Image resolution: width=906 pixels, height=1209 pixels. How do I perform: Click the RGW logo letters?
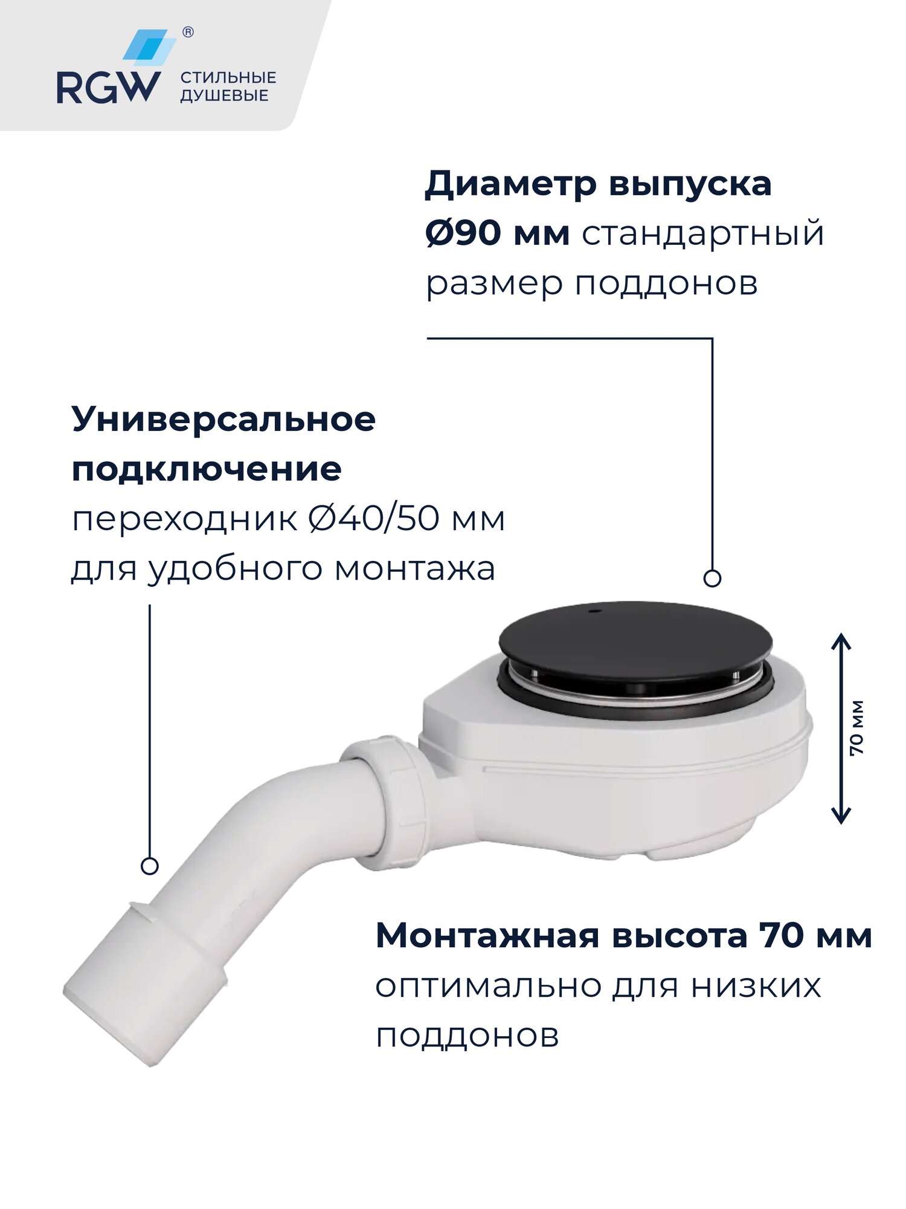tap(109, 88)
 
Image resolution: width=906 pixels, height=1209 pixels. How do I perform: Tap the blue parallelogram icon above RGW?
tap(149, 47)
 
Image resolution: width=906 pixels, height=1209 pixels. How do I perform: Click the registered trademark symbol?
tap(188, 33)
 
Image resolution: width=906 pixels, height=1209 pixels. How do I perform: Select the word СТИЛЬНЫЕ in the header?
tap(228, 77)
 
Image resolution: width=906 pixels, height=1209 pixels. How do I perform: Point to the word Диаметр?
tap(510, 184)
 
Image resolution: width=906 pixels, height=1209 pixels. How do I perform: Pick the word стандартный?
tap(702, 234)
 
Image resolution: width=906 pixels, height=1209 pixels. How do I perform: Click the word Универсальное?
tap(223, 419)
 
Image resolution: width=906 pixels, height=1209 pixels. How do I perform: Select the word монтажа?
tap(415, 569)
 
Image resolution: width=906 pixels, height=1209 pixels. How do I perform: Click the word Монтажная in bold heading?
tap(487, 936)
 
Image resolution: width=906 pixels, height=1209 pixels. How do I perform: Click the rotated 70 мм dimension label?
tap(856, 728)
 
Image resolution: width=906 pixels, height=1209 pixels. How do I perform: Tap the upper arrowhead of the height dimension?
tap(841, 641)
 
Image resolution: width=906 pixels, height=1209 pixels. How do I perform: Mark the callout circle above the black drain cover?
tap(713, 579)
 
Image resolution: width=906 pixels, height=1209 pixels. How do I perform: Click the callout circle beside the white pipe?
tap(149, 866)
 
